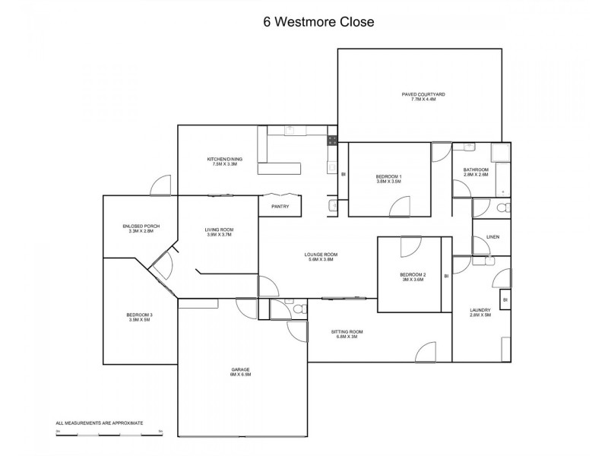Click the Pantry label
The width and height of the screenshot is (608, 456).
pyautogui.click(x=280, y=206)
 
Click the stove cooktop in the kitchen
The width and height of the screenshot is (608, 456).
pyautogui.click(x=332, y=139)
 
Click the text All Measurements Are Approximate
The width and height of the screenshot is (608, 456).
pyautogui.click(x=100, y=423)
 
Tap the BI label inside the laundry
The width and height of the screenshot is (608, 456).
pyautogui.click(x=505, y=300)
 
